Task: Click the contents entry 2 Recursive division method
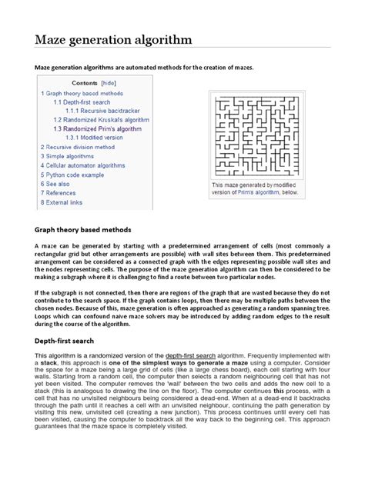tap(77, 147)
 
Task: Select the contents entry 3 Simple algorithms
tap(69, 156)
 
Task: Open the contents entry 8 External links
tap(62, 202)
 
